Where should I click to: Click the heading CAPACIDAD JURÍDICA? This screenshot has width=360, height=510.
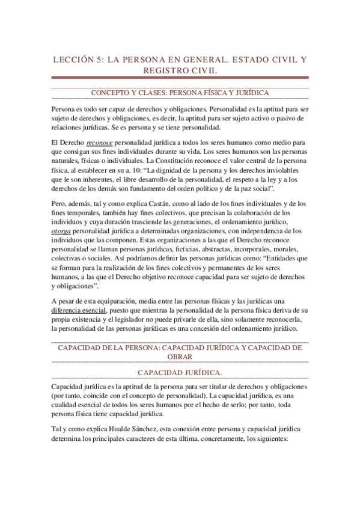180,373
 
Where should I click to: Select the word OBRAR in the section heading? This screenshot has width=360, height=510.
180,357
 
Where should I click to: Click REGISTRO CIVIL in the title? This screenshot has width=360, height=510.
180,71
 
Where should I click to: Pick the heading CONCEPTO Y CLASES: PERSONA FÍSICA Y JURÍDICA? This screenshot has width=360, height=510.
180,93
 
